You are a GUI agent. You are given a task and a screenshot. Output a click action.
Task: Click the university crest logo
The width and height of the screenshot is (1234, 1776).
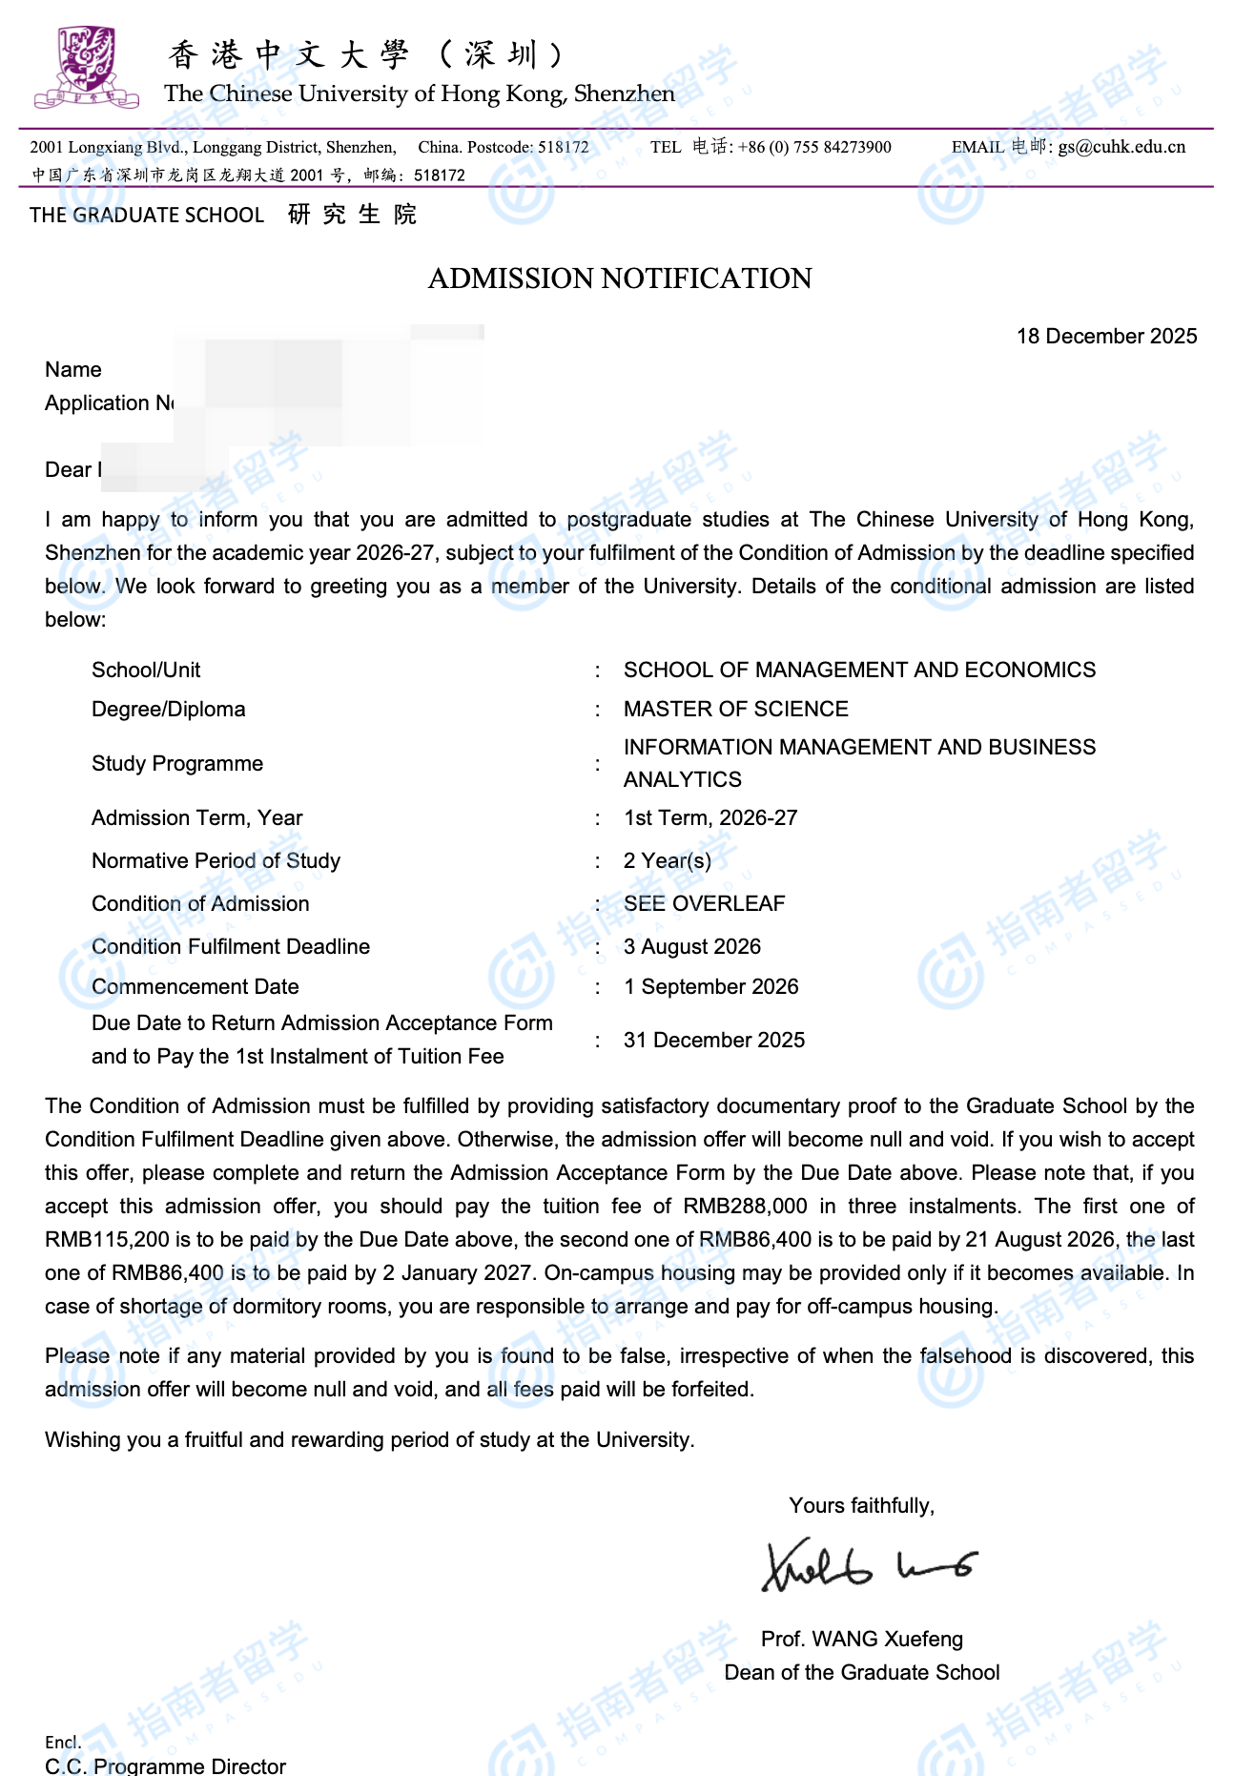[86, 67]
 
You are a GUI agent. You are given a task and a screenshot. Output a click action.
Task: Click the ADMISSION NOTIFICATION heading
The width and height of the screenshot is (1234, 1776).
[620, 279]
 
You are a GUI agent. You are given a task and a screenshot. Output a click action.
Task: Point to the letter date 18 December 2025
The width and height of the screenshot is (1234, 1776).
[1106, 336]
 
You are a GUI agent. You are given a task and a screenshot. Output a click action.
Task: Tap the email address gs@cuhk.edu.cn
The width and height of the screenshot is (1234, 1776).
[1121, 147]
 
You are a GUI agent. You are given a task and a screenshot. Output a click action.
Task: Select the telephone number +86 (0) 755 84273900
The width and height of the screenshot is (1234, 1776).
[814, 147]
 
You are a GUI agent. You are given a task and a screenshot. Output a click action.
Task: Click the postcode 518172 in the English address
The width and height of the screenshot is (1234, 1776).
[564, 147]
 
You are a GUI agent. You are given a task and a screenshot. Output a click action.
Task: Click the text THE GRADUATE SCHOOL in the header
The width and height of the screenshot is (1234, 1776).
[147, 215]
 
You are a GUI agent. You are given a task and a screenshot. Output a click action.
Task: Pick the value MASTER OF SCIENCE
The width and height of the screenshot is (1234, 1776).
[735, 709]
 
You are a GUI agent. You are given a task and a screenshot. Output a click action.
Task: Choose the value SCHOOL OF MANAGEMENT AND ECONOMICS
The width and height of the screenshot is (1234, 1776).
[859, 670]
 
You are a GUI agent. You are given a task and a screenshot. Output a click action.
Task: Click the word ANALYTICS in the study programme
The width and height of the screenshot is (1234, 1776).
[683, 779]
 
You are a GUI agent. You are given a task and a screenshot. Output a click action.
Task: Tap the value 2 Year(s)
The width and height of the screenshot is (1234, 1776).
[668, 860]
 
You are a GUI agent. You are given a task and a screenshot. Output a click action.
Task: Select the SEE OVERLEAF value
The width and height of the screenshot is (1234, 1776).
[704, 903]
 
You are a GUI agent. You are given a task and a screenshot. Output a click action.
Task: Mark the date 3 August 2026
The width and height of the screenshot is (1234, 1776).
[692, 946]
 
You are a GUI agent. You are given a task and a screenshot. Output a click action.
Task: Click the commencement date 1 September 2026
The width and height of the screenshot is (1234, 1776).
[711, 986]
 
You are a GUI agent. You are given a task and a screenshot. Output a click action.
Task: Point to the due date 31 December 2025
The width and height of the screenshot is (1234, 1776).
[714, 1040]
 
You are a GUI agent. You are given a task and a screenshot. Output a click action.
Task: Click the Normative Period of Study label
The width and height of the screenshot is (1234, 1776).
[216, 860]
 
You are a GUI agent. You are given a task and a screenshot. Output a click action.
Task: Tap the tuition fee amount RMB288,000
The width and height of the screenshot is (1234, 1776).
[745, 1206]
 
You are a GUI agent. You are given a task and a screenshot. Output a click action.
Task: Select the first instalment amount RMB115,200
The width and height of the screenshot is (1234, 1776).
[107, 1239]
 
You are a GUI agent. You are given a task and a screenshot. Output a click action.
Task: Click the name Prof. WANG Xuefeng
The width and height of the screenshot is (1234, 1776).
[862, 1639]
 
